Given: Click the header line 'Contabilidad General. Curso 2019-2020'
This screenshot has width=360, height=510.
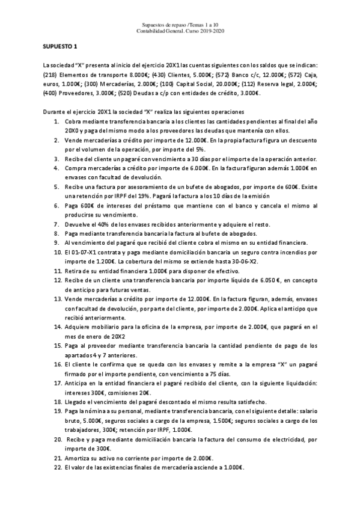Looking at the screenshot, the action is (x=180, y=31).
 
